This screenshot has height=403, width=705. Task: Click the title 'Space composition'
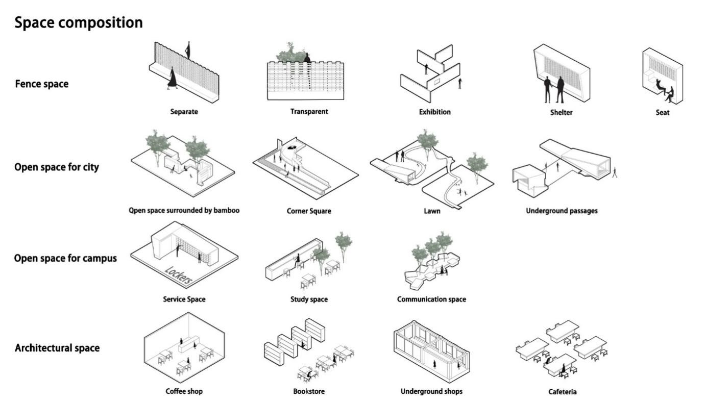click(x=79, y=23)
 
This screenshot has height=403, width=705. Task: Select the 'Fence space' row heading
click(x=41, y=84)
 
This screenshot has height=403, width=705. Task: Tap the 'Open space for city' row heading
click(x=57, y=167)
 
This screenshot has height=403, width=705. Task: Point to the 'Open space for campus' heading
click(x=65, y=258)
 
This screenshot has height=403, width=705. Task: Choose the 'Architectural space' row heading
click(x=57, y=348)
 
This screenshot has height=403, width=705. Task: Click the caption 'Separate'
click(x=184, y=112)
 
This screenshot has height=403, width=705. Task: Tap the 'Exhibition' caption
click(x=434, y=112)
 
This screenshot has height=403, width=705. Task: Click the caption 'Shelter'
click(x=561, y=112)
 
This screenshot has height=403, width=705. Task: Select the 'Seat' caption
click(x=662, y=112)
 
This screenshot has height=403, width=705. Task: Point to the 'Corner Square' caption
click(x=308, y=211)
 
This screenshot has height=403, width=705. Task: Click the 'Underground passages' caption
click(x=562, y=211)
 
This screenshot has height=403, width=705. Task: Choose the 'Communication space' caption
click(x=431, y=299)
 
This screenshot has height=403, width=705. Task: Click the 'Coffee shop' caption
click(x=184, y=391)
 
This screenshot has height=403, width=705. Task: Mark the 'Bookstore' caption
click(x=309, y=391)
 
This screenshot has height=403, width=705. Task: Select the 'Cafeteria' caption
click(x=563, y=392)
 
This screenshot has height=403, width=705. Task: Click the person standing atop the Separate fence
click(x=188, y=50)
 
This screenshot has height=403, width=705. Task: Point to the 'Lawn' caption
click(x=432, y=211)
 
